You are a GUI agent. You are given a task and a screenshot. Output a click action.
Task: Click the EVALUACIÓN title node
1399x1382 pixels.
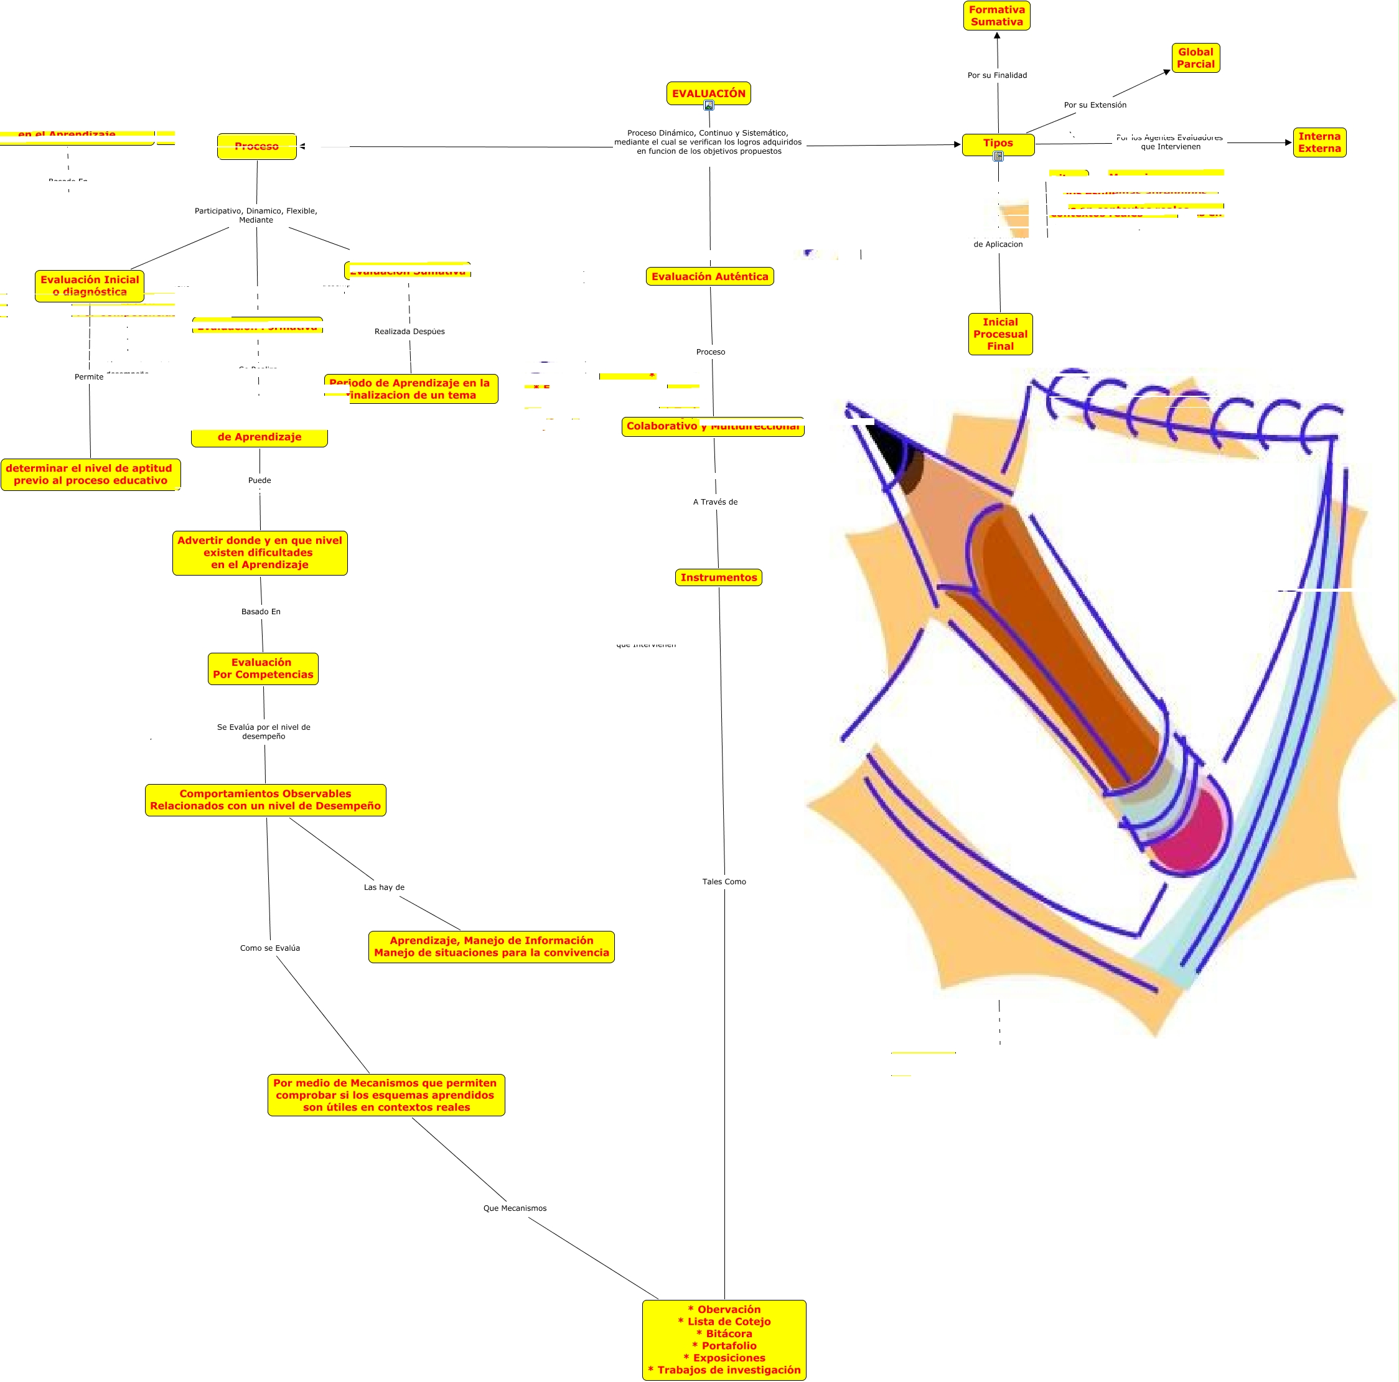pyautogui.click(x=708, y=93)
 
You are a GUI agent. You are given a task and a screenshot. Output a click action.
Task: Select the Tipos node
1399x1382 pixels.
pyautogui.click(x=998, y=143)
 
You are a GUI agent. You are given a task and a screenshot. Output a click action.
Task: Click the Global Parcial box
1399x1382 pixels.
pyautogui.click(x=1195, y=58)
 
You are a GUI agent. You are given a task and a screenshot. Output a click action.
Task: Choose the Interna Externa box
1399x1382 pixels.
pyautogui.click(x=1319, y=142)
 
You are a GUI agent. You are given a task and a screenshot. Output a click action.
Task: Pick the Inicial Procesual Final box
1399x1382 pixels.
pyautogui.click(x=1000, y=334)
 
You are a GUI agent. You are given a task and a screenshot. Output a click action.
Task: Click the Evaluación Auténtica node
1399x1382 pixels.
pyautogui.click(x=709, y=276)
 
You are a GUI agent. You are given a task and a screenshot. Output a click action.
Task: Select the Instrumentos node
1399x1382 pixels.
pyautogui.click(x=718, y=577)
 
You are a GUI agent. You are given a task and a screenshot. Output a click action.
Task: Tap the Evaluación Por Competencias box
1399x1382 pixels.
pyautogui.click(x=263, y=668)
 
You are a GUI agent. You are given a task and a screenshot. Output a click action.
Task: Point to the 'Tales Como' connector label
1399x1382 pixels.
pyautogui.click(x=723, y=881)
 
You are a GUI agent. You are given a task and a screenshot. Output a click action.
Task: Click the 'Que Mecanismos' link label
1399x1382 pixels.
pyautogui.click(x=515, y=1208)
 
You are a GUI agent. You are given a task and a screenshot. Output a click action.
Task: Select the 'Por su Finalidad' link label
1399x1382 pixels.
pyautogui.click(x=997, y=75)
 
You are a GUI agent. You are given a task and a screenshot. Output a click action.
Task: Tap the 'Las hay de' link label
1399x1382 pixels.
pyautogui.click(x=384, y=887)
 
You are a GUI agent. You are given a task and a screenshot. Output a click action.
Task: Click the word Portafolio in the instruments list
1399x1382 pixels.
pyautogui.click(x=729, y=1345)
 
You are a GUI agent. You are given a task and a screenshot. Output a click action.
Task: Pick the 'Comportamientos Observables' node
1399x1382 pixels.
pyautogui.click(x=265, y=799)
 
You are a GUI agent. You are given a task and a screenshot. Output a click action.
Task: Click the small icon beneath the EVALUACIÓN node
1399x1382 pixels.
pyautogui.click(x=709, y=106)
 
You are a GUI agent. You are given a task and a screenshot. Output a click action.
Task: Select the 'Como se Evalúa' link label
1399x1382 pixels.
pyautogui.click(x=269, y=948)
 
